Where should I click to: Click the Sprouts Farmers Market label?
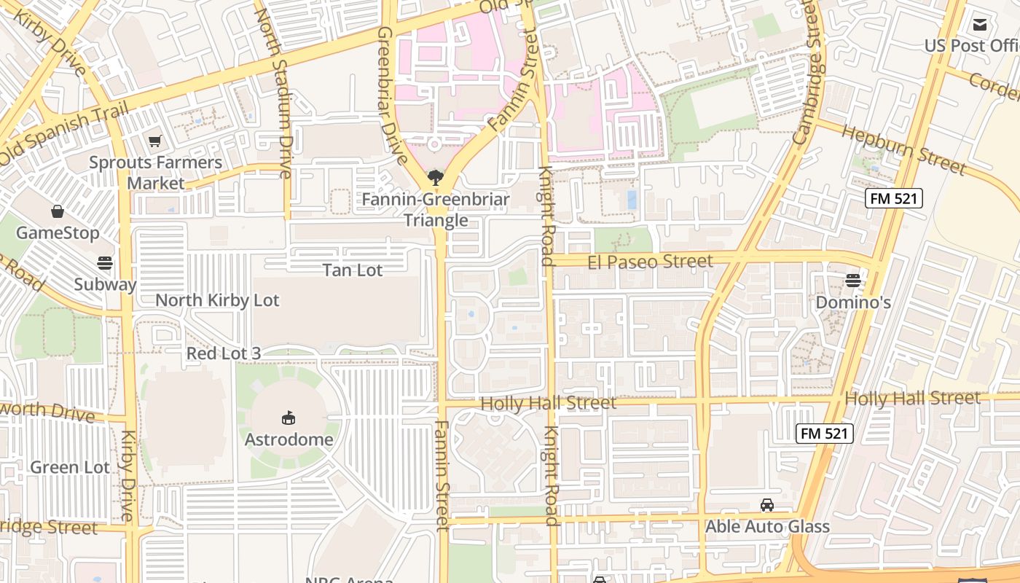(155, 173)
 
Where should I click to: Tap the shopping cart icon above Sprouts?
(154, 141)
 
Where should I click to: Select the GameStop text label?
(58, 232)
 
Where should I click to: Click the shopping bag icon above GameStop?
(58, 211)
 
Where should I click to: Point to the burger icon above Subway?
(105, 262)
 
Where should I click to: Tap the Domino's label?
(853, 302)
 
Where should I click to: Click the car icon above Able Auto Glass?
(767, 504)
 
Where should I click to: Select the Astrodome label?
(289, 439)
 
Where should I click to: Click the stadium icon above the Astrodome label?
(289, 418)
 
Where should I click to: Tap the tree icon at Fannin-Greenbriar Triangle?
(436, 177)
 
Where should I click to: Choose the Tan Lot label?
(353, 270)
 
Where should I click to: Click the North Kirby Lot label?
(217, 300)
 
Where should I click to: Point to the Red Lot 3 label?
(224, 353)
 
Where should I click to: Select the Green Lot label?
(70, 467)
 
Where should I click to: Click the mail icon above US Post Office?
(980, 25)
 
